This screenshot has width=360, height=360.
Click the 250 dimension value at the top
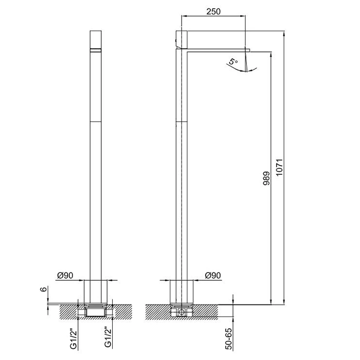213,11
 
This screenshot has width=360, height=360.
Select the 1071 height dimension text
280,167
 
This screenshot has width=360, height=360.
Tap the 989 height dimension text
266,178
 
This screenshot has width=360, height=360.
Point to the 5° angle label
233,62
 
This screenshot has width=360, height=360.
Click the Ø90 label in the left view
65,275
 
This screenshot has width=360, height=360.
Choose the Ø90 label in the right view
213,275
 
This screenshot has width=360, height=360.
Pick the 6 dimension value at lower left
44,289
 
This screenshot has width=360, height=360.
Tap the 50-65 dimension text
229,339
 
